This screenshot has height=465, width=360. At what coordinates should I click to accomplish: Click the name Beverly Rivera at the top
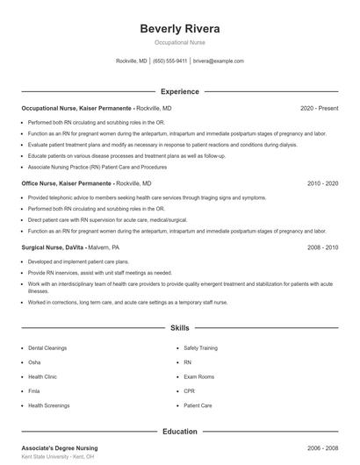(179, 28)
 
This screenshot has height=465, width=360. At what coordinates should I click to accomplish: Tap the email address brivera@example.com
(219, 61)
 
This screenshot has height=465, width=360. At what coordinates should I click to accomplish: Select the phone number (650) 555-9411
(169, 61)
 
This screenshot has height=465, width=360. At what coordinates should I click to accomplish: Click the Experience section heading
(179, 91)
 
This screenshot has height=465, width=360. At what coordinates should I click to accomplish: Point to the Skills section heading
(179, 328)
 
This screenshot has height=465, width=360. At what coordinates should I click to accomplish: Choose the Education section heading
(179, 432)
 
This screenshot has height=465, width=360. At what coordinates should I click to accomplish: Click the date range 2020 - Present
(319, 108)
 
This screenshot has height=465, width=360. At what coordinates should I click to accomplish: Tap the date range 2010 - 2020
(322, 184)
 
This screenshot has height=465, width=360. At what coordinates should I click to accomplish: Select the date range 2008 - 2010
(322, 247)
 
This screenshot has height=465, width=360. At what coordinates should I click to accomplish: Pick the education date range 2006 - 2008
(322, 447)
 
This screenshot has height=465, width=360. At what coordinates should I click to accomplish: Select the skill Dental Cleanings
(47, 347)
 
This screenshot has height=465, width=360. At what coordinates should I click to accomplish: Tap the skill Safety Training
(200, 347)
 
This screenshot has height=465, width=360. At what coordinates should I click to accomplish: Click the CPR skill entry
(190, 391)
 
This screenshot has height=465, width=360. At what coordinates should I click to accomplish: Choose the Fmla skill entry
(34, 391)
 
